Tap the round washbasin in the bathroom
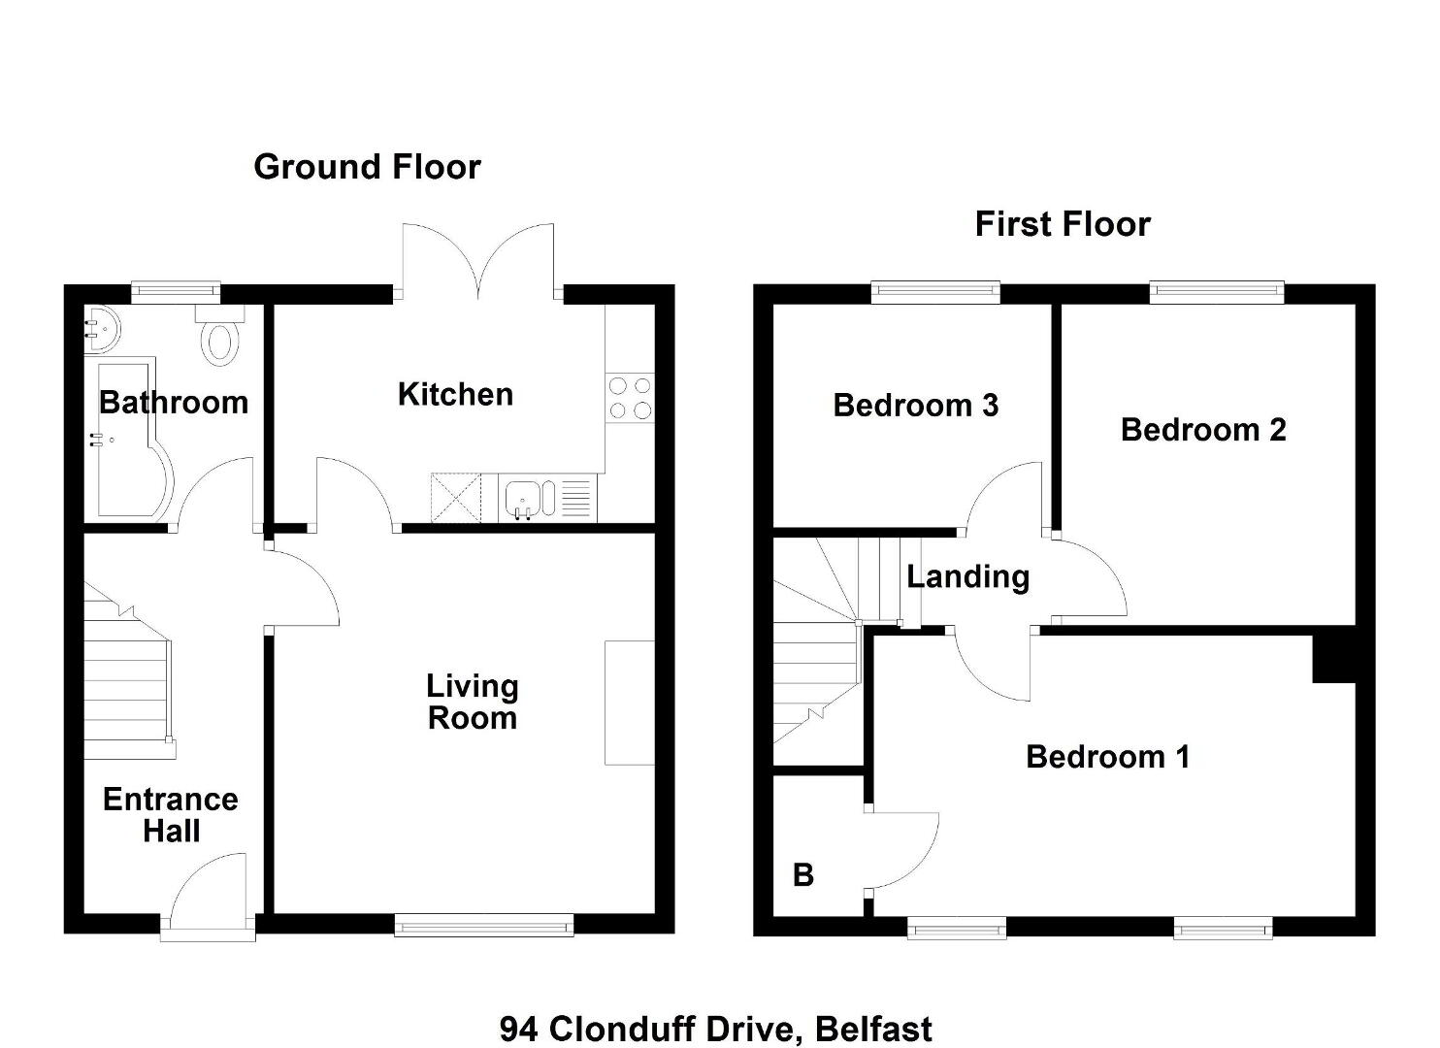click(101, 330)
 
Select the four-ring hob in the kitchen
click(630, 398)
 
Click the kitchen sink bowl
click(525, 498)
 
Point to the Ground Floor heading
click(367, 167)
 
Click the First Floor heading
click(1063, 224)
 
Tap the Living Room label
click(473, 702)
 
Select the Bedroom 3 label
click(915, 405)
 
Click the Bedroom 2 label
click(1203, 430)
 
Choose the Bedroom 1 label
click(1107, 757)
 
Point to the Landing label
click(968, 576)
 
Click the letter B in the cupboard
click(803, 875)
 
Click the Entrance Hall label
click(171, 815)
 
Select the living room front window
click(484, 927)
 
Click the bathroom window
click(177, 292)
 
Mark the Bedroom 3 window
click(936, 292)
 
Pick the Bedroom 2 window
click(1217, 292)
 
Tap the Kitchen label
click(456, 394)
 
